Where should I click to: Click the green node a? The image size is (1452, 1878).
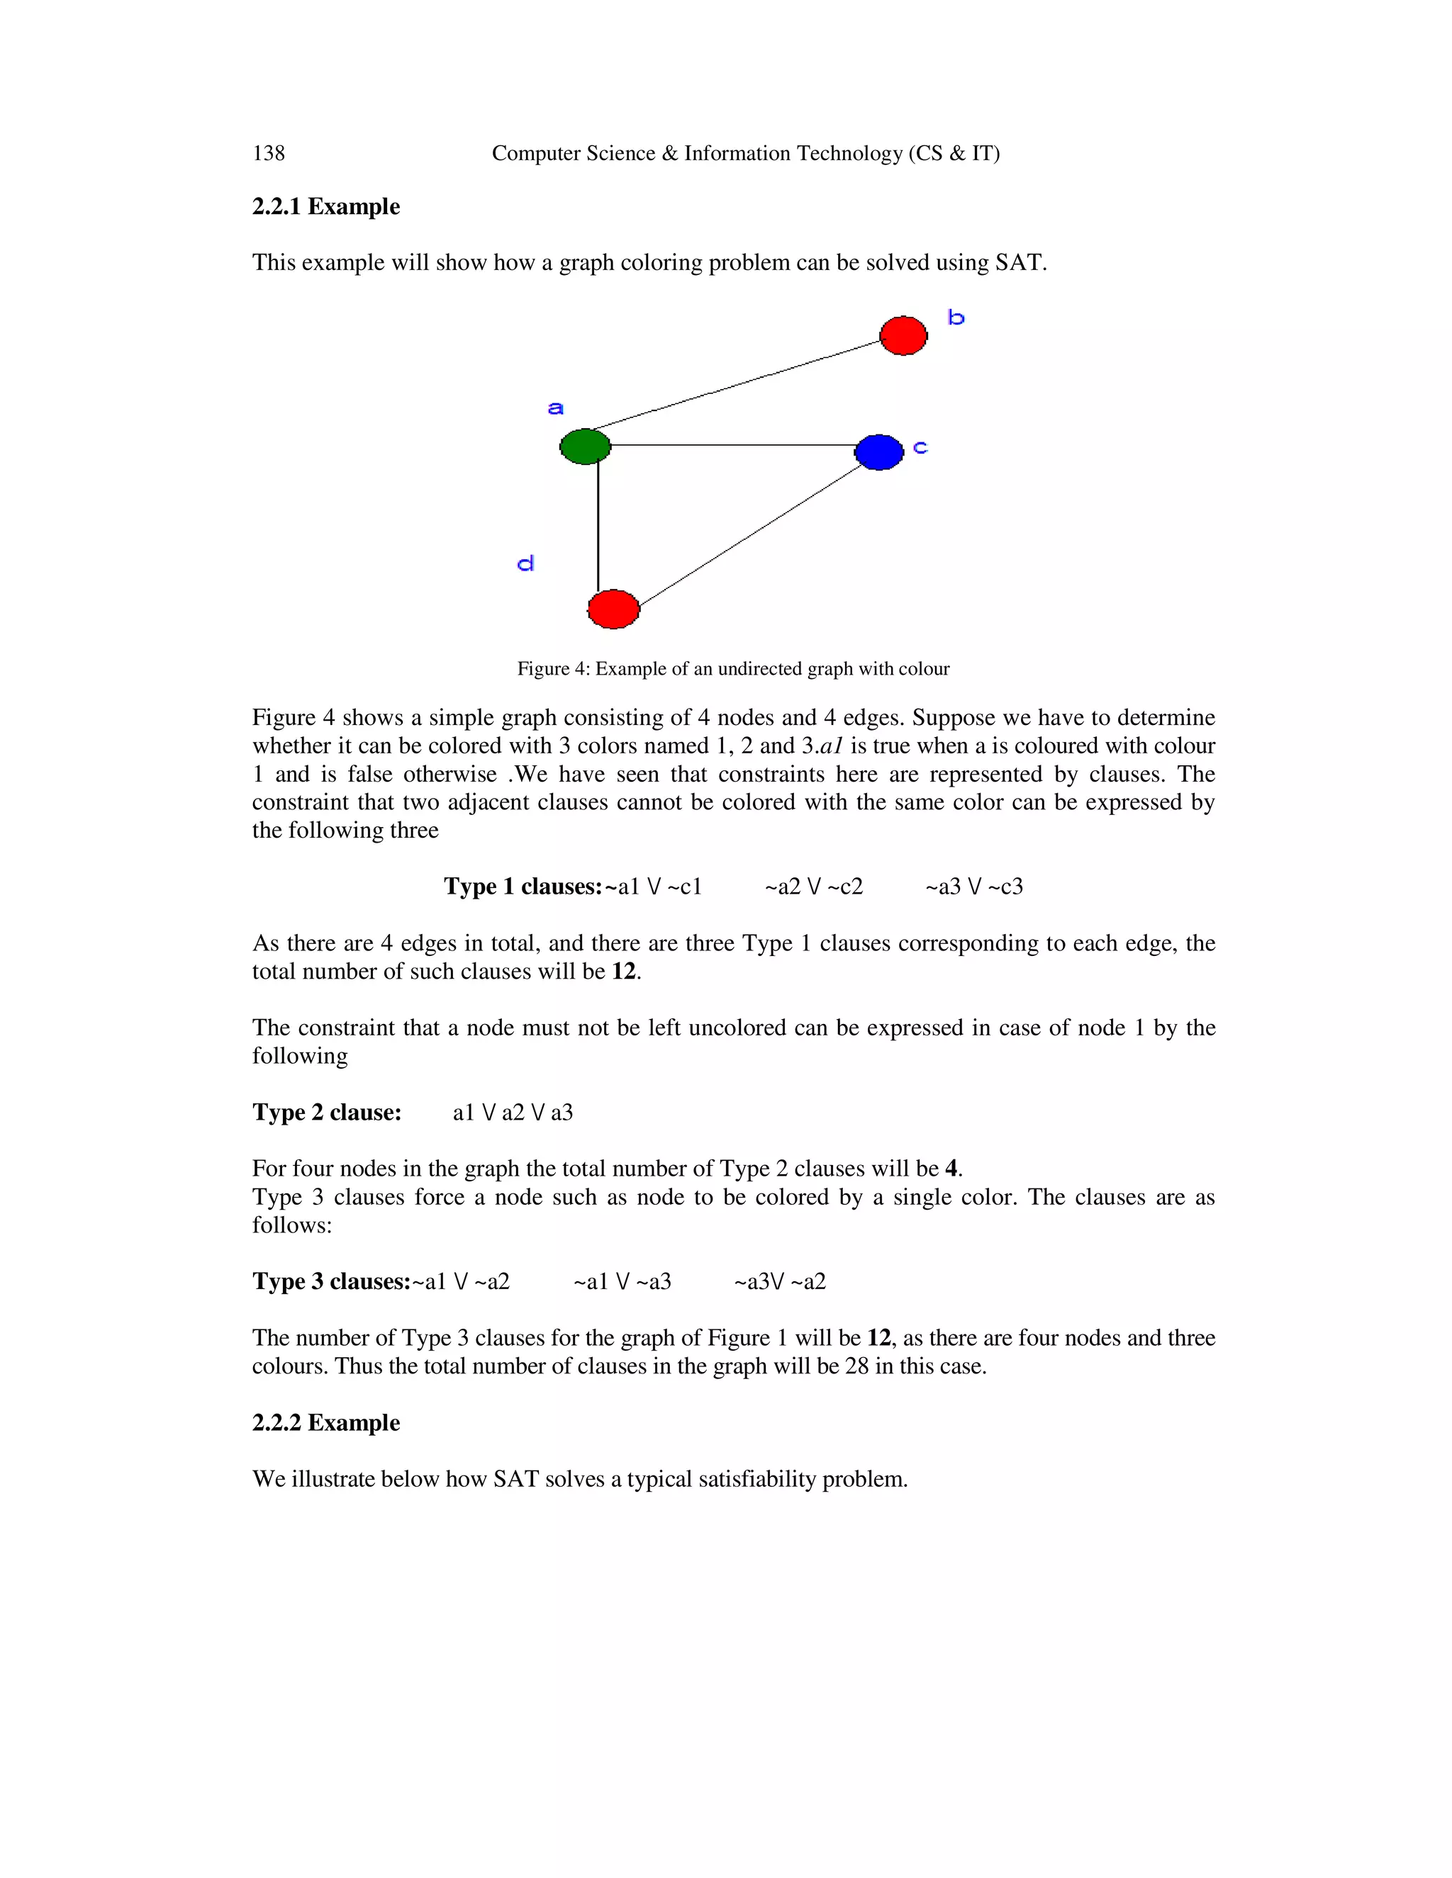coord(585,446)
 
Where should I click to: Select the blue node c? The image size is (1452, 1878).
coord(879,452)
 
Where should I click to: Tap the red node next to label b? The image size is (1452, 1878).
coord(903,335)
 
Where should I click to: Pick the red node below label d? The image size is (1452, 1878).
coord(613,609)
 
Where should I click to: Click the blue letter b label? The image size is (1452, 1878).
coord(956,318)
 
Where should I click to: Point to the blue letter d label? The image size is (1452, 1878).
coord(525,564)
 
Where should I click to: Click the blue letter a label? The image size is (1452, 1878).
coord(556,407)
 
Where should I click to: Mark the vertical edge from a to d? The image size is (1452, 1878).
coord(598,524)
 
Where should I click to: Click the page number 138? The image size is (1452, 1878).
coord(269,153)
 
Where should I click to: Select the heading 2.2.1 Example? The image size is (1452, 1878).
coord(326,206)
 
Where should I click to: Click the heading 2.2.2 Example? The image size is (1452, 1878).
coord(326,1422)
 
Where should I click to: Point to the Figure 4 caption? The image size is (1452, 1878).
coord(733,669)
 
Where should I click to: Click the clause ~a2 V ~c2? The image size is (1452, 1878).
coord(814,887)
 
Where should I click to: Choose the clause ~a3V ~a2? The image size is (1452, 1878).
coord(779,1281)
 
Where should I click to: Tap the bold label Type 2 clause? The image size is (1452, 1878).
coord(327,1112)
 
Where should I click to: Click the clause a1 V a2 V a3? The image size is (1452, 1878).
coord(513,1113)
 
